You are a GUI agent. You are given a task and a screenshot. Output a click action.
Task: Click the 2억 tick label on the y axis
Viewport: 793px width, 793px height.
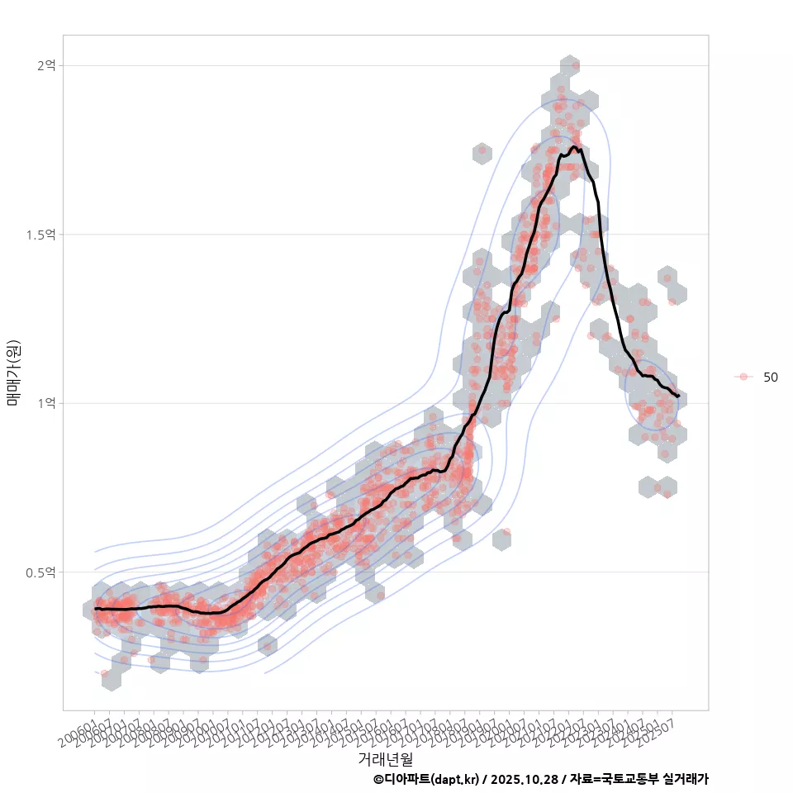click(45, 65)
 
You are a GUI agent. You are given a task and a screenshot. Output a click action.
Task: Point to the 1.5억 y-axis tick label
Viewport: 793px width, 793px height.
click(40, 235)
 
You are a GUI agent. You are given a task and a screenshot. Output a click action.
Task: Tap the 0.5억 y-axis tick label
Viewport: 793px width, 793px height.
click(40, 572)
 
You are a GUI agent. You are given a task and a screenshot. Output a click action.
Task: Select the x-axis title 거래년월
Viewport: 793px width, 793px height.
click(385, 758)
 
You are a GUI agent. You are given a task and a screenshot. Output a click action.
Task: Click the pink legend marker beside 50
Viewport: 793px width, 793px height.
click(743, 377)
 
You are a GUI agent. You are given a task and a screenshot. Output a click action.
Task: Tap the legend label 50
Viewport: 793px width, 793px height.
click(770, 377)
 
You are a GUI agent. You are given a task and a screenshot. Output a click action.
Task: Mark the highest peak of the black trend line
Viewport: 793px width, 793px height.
click(573, 148)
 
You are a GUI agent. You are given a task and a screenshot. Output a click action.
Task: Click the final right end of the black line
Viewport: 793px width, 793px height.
click(678, 396)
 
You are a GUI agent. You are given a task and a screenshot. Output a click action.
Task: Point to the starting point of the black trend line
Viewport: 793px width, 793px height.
click(96, 609)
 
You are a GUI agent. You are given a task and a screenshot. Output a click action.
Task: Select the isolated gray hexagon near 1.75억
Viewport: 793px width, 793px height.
click(482, 153)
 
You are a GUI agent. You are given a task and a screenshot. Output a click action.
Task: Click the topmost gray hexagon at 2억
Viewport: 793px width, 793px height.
click(569, 66)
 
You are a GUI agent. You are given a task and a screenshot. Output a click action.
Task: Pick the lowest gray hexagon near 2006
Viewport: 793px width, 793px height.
click(111, 678)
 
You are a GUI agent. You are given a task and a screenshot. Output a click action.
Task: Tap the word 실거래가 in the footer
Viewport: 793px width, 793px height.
click(686, 779)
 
